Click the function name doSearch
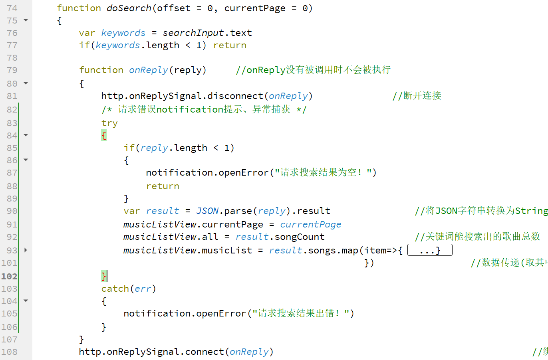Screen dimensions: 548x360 (129, 8)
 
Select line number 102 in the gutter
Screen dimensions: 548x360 (9, 276)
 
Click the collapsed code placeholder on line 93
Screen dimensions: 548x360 (430, 250)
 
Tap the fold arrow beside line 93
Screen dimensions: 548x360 (26, 250)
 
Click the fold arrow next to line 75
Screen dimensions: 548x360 (26, 20)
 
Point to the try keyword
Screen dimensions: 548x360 (109, 123)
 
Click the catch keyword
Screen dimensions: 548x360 (115, 289)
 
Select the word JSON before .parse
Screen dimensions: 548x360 (207, 211)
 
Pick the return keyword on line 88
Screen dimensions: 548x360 (163, 186)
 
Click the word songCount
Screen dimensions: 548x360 (300, 237)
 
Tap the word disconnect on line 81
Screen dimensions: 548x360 (235, 96)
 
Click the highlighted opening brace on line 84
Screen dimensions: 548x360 (104, 135)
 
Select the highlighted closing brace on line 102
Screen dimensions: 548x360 (104, 276)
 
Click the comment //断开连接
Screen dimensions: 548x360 (417, 96)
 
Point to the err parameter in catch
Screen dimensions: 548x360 (143, 289)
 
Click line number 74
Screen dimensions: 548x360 (12, 8)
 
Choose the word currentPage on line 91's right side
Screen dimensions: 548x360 (310, 224)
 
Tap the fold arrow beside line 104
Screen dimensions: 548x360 (26, 301)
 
